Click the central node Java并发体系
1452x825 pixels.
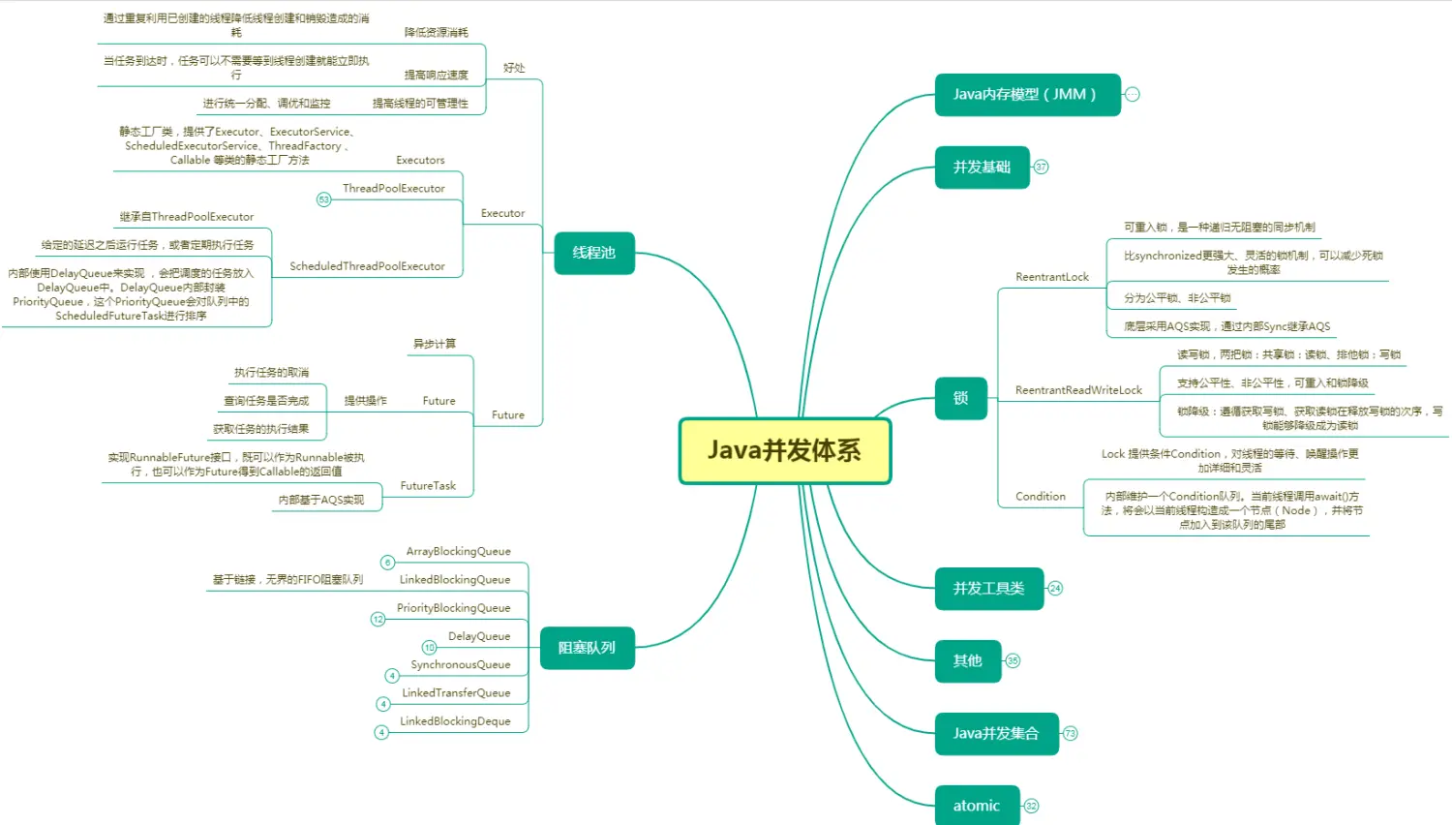[x=784, y=451]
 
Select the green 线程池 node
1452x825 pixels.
[x=594, y=253]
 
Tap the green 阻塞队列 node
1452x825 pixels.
[x=587, y=648]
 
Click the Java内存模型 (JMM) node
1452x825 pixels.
[x=1027, y=95]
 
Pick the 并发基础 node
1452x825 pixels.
[x=982, y=168]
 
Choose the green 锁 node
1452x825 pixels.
[x=960, y=398]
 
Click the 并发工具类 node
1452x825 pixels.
[x=988, y=589]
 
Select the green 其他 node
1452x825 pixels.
[x=967, y=661]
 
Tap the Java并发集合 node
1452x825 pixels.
[x=996, y=734]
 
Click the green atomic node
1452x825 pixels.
[x=977, y=806]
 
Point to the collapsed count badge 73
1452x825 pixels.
[x=1070, y=734]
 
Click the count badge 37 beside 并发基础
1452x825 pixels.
[x=1041, y=168]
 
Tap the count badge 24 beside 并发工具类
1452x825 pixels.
[x=1055, y=589]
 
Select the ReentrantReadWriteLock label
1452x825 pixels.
[x=1078, y=390]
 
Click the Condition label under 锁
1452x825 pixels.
[x=1040, y=497]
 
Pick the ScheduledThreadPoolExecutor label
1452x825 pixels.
[x=367, y=266]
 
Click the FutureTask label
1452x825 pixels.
[x=428, y=486]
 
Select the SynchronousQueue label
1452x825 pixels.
[x=460, y=665]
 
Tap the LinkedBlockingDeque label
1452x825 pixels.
[x=455, y=721]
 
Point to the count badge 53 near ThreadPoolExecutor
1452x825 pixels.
[x=324, y=199]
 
